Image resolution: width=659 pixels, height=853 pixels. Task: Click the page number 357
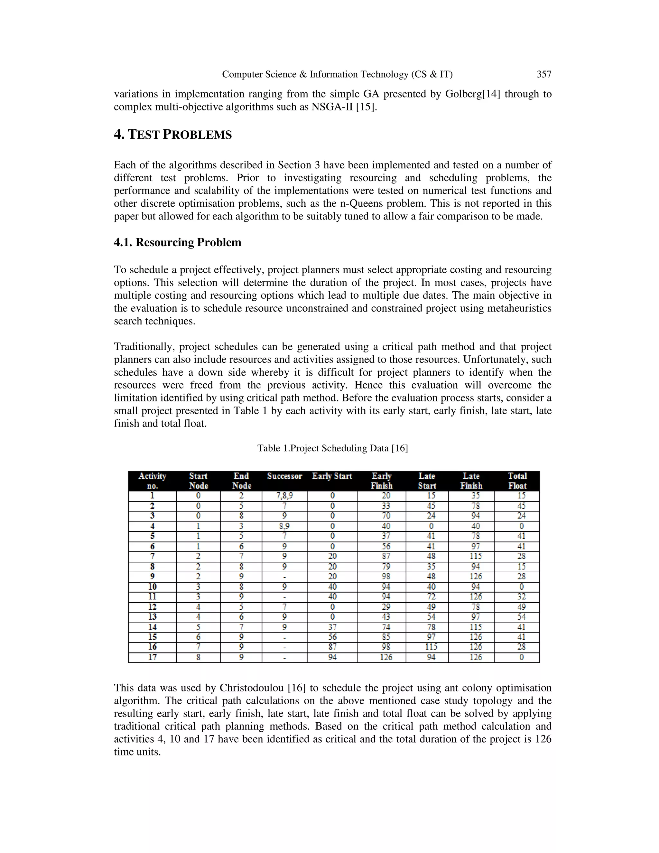pos(544,74)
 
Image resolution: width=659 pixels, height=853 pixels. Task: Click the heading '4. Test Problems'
pos(172,135)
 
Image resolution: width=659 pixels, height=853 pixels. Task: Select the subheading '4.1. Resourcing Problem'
pos(177,243)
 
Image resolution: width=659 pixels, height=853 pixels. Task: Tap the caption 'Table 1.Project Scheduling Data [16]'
pos(332,448)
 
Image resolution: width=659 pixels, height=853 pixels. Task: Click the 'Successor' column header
pos(284,476)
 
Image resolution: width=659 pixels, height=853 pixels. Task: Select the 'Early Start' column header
pos(332,476)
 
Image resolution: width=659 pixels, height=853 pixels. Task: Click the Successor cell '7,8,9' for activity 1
pos(284,496)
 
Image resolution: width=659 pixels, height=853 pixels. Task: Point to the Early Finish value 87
pos(386,556)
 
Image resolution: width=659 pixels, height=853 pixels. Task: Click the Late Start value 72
pos(431,596)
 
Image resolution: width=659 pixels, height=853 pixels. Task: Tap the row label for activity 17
pos(152,657)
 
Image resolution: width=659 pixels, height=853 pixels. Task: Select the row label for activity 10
pos(152,586)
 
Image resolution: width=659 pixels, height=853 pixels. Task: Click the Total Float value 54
pos(521,617)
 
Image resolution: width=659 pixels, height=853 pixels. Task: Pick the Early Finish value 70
pos(386,516)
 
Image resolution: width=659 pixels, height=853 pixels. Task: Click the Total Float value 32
pos(521,596)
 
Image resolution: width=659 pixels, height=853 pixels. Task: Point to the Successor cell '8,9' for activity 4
pos(284,526)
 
